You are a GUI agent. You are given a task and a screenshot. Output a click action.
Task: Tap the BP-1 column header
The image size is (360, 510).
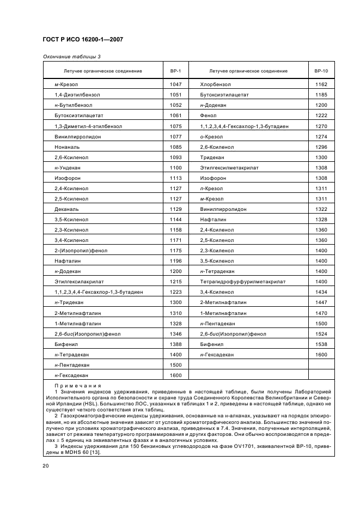pos(175,71)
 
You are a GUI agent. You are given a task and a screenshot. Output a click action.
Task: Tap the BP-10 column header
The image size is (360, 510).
pos(321,71)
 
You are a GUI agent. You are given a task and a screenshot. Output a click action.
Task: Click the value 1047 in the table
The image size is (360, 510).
pos(175,84)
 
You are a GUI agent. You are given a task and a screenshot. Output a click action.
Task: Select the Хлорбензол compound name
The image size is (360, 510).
pos(216,84)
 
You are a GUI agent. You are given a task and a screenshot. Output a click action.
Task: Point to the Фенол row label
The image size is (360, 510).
pos(209,116)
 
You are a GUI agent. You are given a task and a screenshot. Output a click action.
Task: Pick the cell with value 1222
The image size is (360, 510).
pos(321,116)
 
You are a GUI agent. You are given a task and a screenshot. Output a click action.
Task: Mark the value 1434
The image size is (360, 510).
pos(321,292)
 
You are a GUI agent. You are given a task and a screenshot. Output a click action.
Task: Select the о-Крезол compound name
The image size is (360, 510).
pos(212,136)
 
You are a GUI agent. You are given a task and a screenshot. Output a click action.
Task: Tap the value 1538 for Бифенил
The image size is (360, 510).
pos(321,344)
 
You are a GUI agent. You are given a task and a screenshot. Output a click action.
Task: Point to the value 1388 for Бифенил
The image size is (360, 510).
pos(175,344)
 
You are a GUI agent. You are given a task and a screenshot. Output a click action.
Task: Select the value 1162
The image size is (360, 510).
pos(321,84)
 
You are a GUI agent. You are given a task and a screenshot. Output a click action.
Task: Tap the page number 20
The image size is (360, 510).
pos(46,465)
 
